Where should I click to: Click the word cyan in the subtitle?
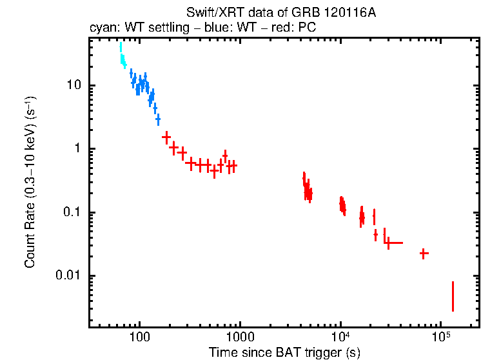click(x=103, y=28)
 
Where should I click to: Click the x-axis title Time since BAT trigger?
click(x=284, y=352)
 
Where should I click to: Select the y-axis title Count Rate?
click(x=30, y=194)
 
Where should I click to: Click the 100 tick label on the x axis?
click(x=139, y=337)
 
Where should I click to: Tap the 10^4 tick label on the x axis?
click(x=340, y=337)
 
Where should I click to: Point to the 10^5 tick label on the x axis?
click(x=441, y=337)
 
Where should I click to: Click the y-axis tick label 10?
click(x=73, y=86)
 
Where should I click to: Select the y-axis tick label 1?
click(x=76, y=149)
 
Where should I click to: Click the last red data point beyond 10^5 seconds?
click(x=453, y=296)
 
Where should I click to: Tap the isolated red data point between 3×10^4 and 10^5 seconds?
click(x=423, y=254)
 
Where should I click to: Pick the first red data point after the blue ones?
click(x=166, y=137)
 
